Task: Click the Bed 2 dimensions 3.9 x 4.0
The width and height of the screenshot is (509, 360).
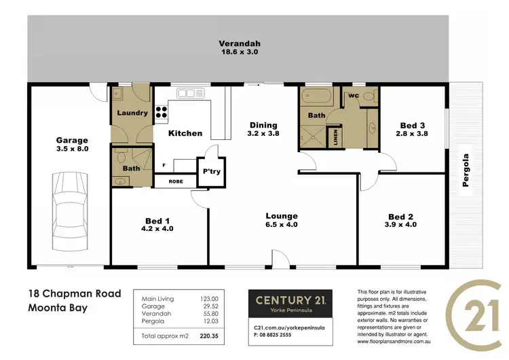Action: click(x=400, y=224)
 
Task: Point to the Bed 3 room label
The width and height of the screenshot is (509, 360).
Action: click(x=413, y=126)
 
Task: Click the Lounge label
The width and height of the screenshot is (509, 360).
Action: click(x=281, y=217)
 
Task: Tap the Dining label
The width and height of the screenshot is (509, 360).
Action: click(x=263, y=125)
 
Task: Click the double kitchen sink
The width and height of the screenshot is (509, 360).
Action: click(x=187, y=93)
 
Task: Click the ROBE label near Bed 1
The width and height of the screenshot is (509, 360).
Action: click(x=176, y=182)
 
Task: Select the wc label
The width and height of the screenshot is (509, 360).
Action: click(x=354, y=96)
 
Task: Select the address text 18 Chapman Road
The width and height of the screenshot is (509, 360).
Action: click(x=74, y=294)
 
